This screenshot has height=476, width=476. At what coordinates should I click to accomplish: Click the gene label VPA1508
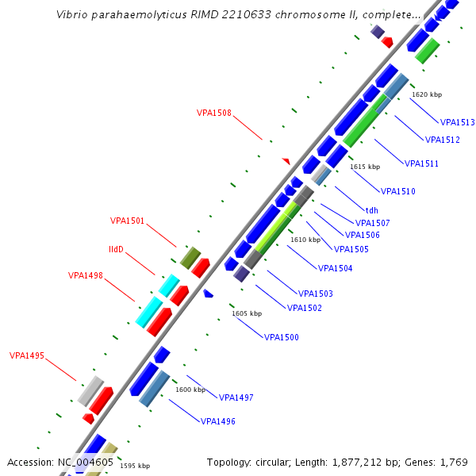point(214,113)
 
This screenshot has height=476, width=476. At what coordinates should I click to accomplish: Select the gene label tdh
point(371,211)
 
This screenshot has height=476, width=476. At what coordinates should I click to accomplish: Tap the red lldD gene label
point(116,249)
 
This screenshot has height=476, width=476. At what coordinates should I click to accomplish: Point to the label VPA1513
point(458,122)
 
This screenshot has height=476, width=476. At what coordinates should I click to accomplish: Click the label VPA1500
point(282,337)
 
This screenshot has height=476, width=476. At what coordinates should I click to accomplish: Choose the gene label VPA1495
point(27,355)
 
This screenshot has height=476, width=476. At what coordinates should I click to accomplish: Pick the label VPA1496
point(218,421)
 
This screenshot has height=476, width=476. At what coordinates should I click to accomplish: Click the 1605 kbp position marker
point(247,313)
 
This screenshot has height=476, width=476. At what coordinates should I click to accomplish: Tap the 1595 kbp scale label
point(135,466)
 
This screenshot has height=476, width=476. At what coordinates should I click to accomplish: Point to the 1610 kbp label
point(305,240)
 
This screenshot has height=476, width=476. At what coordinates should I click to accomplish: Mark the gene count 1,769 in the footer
point(452,462)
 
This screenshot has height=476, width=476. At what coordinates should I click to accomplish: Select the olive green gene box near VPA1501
point(190,257)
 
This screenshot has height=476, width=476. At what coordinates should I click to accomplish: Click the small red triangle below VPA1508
point(286,161)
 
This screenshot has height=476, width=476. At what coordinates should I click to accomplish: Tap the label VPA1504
point(335,268)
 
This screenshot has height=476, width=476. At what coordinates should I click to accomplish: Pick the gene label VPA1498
point(86,275)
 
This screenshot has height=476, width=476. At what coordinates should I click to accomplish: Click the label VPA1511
point(422,163)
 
